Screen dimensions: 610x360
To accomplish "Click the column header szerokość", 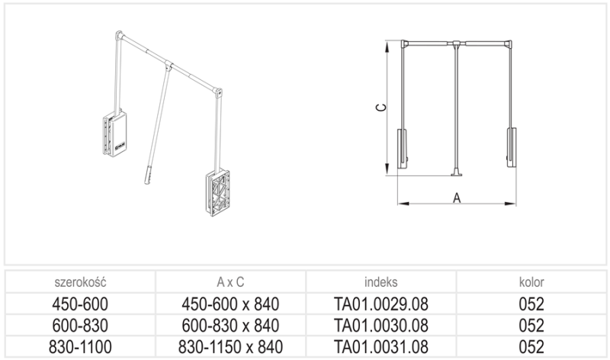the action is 80,281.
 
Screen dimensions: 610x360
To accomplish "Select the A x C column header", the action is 230,281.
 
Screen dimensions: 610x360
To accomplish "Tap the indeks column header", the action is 380,281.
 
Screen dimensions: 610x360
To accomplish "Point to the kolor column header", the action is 531,281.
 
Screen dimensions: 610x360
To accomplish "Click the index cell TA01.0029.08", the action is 380,304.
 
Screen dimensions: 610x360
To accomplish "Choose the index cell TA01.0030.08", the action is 380,326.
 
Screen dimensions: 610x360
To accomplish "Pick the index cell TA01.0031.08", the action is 380,347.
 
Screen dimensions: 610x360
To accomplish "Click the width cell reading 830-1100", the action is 80,347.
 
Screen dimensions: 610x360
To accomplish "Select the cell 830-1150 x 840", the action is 230,347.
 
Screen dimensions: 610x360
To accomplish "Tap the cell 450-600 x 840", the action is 230,304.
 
